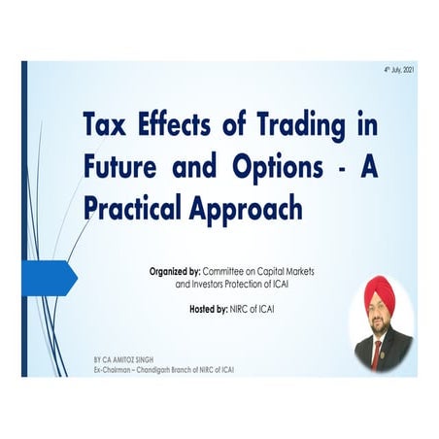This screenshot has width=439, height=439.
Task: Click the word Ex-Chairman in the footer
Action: pos(104,369)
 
